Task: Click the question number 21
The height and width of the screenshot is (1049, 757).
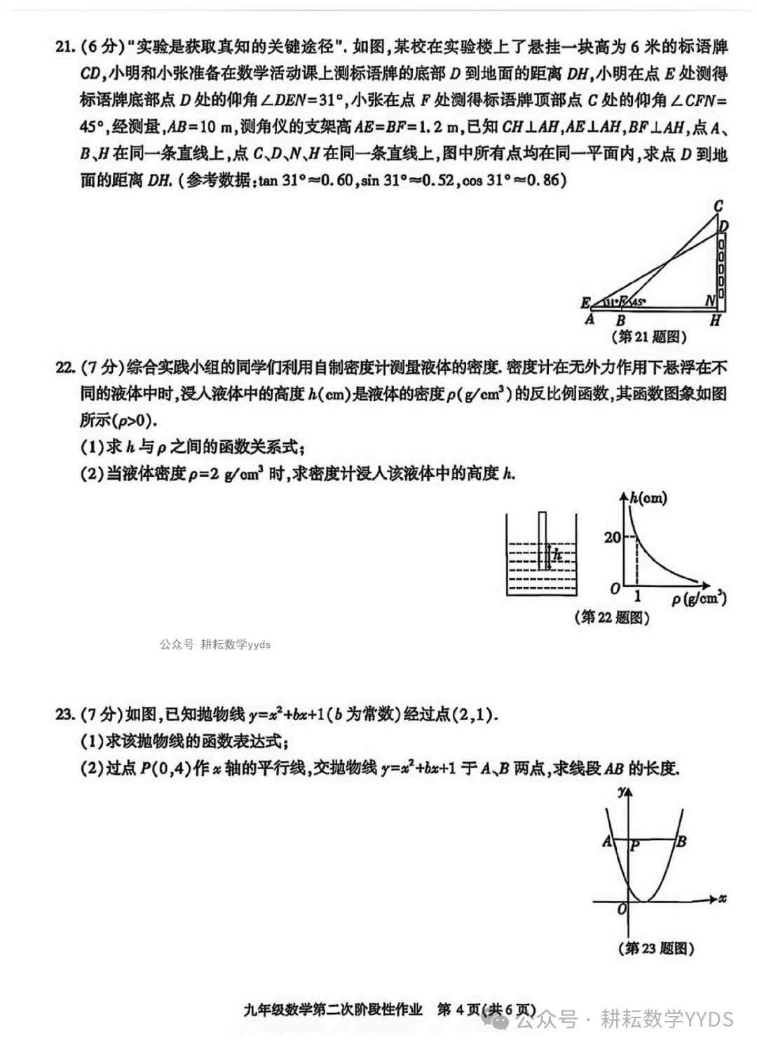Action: click(64, 48)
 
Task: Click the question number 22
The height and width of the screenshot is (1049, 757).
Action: click(64, 367)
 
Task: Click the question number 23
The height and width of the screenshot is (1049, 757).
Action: click(64, 715)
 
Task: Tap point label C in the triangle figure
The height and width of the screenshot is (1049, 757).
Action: click(718, 206)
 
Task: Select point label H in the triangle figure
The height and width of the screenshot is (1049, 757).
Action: click(715, 321)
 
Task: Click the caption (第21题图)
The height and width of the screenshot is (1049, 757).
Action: click(650, 337)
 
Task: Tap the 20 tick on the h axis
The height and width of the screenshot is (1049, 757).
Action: click(612, 537)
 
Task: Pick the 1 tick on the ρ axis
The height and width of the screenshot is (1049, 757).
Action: click(637, 597)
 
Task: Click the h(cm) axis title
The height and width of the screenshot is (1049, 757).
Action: click(648, 499)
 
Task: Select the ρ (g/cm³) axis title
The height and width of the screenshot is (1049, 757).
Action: click(699, 599)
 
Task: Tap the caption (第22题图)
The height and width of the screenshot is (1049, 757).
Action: click(612, 617)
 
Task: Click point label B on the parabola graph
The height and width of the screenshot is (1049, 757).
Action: click(681, 841)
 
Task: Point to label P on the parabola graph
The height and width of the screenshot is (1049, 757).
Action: click(635, 846)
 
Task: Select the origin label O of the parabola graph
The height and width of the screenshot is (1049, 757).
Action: click(621, 909)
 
